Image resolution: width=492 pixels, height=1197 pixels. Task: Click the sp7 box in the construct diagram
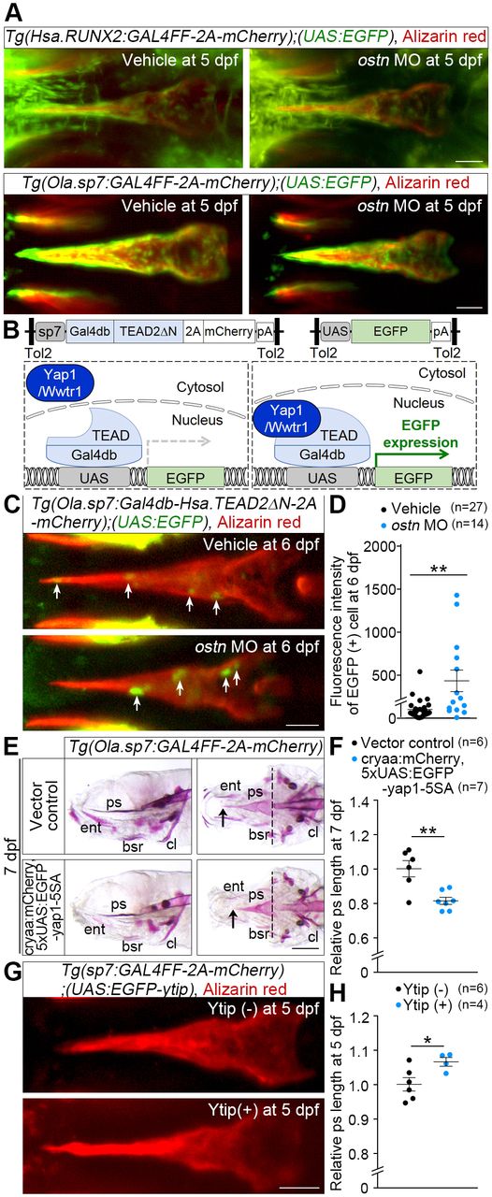click(x=51, y=331)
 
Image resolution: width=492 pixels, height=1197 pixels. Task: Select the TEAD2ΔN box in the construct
click(x=148, y=331)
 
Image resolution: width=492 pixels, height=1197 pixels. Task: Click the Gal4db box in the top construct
click(x=90, y=331)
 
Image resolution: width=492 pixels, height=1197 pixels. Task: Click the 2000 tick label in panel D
click(x=378, y=547)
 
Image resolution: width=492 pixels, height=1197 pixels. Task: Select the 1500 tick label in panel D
click(x=378, y=589)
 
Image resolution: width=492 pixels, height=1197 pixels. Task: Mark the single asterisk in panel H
click(x=427, y=1041)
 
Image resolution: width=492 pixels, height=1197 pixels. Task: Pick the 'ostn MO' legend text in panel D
click(x=420, y=526)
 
